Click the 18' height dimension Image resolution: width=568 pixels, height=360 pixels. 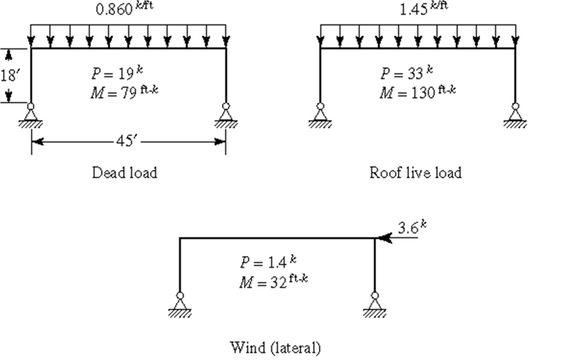8,76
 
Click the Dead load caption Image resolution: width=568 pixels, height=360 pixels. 124,173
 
